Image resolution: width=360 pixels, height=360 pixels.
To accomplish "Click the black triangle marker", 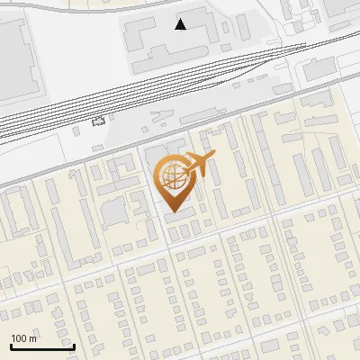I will click(181, 24).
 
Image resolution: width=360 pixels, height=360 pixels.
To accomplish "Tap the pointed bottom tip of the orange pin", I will click(172, 211).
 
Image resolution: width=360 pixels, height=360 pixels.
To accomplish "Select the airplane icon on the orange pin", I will click(200, 164).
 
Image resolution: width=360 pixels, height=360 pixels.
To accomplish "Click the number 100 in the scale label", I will click(19, 338).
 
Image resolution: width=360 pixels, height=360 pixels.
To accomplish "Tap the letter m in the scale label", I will click(32, 338).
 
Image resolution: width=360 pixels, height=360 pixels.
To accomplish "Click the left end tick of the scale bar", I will click(11, 346).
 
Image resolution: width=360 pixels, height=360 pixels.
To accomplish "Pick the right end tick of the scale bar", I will click(74, 346).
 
